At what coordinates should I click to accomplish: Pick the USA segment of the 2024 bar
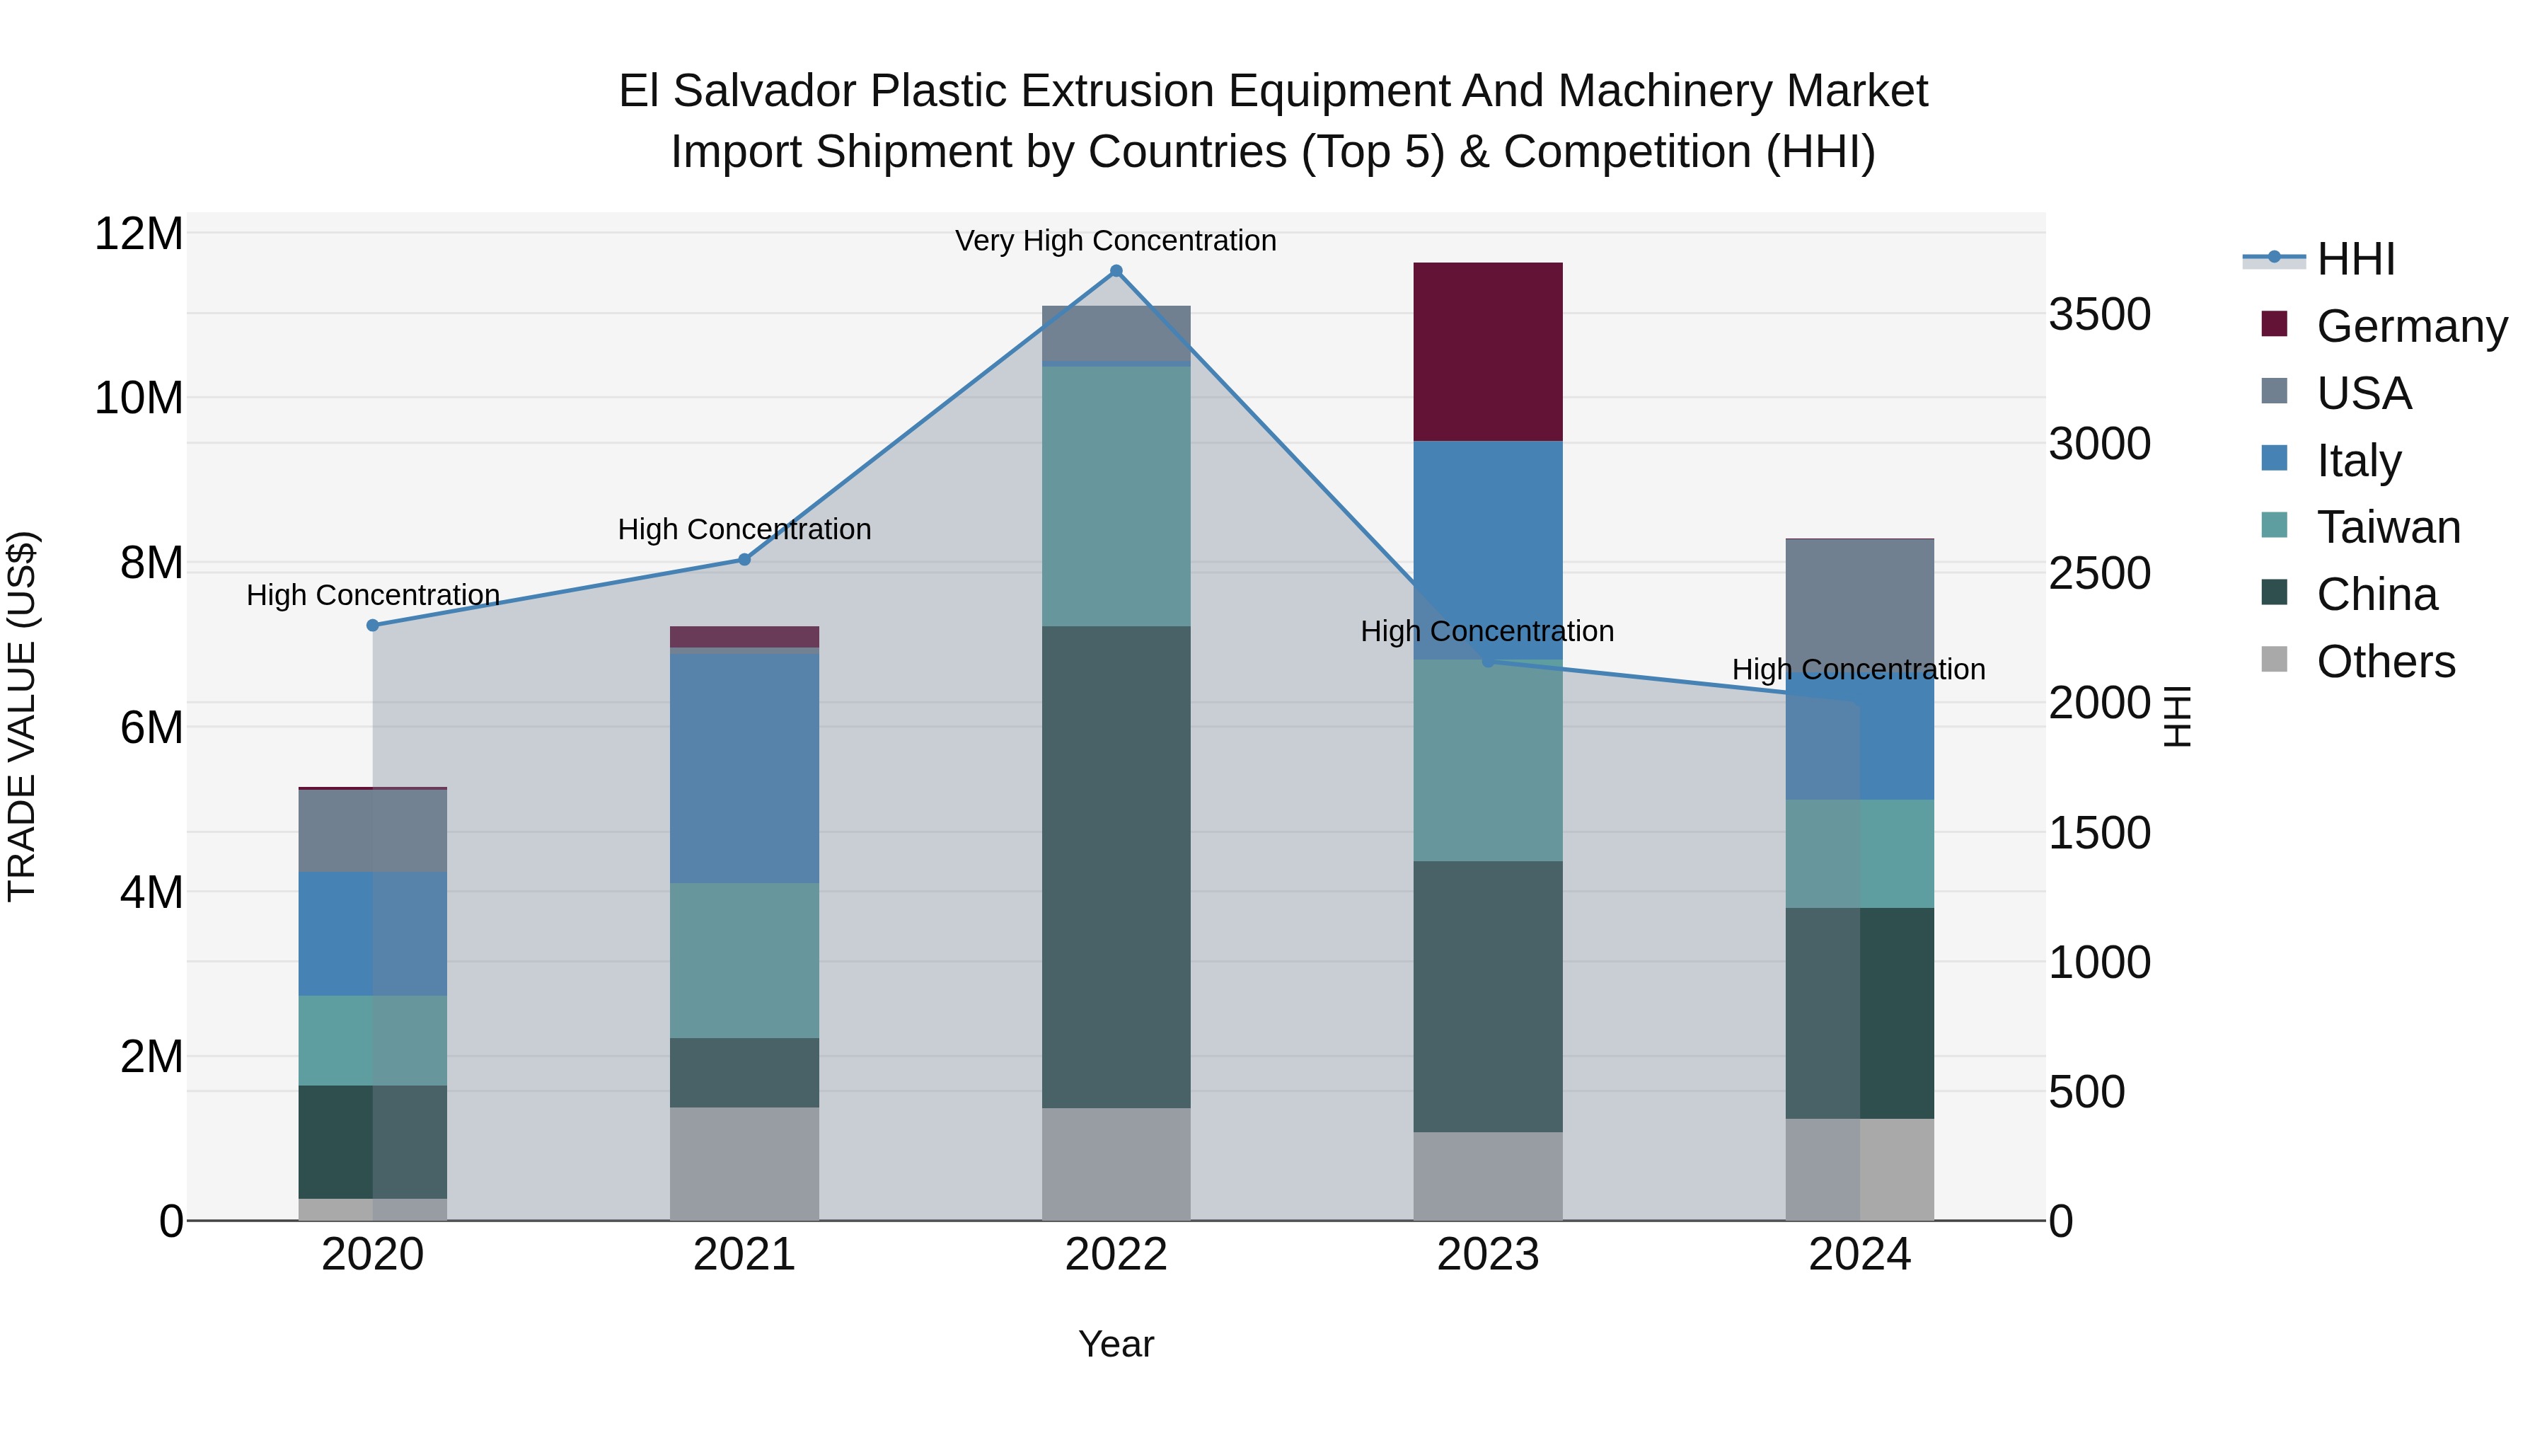click(1859, 603)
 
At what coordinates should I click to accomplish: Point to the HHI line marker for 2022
click(1116, 271)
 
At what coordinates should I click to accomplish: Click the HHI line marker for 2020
click(373, 625)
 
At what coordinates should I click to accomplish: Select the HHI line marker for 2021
click(744, 560)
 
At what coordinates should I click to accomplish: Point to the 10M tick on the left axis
click(139, 398)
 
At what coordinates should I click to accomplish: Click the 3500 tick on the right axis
click(2099, 314)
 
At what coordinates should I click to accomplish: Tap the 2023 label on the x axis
click(1487, 1255)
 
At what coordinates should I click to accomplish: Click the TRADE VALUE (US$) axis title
click(22, 716)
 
